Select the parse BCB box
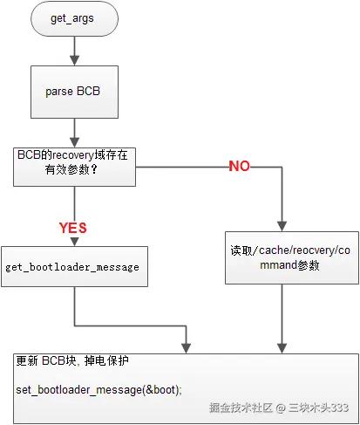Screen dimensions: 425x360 (74, 91)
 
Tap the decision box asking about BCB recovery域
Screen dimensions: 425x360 (74, 163)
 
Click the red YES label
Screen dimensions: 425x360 (73, 228)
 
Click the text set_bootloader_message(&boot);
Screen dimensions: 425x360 (99, 388)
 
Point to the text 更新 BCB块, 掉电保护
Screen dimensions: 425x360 (73, 360)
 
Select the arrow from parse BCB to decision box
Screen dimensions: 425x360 (74, 129)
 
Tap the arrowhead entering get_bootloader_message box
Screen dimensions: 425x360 (74, 241)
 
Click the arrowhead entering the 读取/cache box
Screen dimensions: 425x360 (280, 223)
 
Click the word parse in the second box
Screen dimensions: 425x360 (61, 91)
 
